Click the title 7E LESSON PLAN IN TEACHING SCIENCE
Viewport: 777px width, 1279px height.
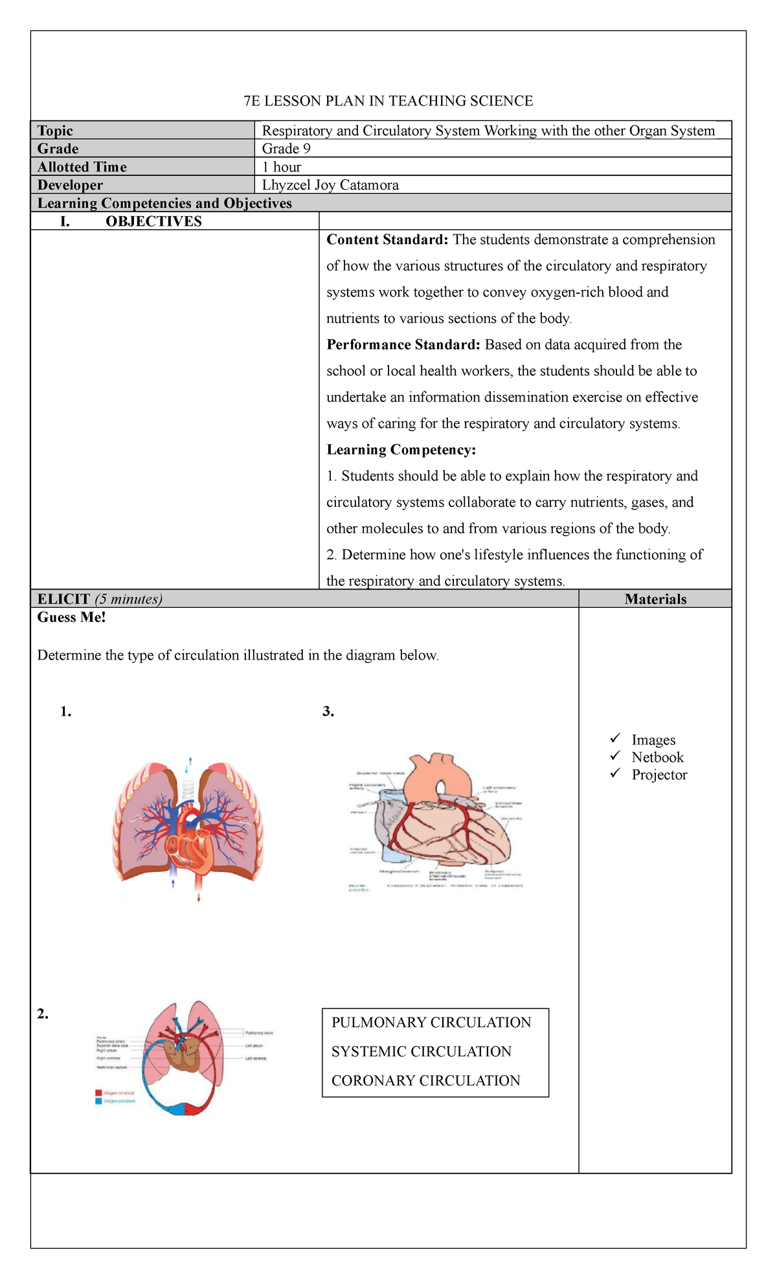click(x=388, y=101)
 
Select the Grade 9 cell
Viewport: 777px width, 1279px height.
click(x=286, y=149)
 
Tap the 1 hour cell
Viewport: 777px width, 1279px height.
click(x=282, y=167)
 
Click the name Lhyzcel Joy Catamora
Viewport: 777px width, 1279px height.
click(x=330, y=185)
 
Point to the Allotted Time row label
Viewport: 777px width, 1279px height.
click(x=82, y=167)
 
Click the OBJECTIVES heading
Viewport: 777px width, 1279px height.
click(x=153, y=221)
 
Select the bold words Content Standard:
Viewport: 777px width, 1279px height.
click(x=387, y=240)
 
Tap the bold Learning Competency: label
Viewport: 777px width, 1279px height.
click(x=401, y=450)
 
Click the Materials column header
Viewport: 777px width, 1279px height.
click(x=655, y=599)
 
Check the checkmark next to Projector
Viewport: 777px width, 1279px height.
click(x=615, y=773)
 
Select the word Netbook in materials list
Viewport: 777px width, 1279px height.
click(x=657, y=757)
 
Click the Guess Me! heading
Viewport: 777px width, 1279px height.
click(x=71, y=617)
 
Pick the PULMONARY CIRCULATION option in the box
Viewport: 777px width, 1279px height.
click(x=431, y=1023)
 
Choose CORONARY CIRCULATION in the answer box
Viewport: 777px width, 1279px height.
click(x=426, y=1081)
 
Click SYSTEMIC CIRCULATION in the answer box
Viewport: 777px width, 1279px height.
click(x=422, y=1052)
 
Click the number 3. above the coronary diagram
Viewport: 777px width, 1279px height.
click(x=328, y=712)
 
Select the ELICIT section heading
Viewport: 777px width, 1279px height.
click(x=63, y=599)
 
